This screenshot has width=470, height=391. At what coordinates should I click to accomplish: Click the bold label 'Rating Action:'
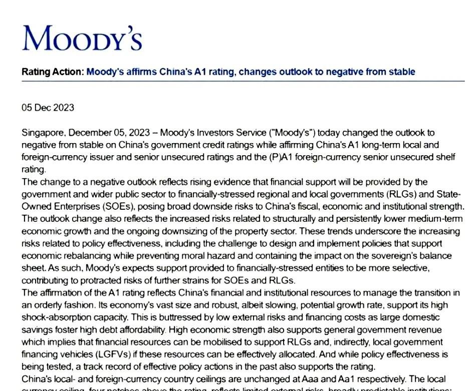click(x=52, y=72)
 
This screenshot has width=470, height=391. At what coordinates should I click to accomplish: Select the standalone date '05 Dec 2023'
click(x=48, y=108)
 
